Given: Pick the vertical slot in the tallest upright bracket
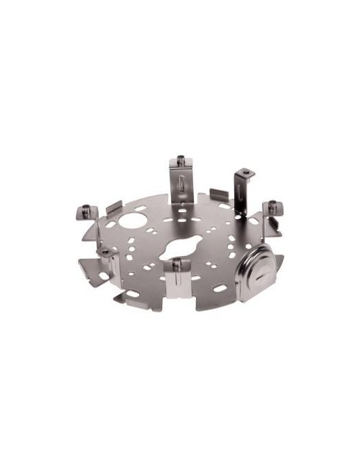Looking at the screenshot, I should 181,186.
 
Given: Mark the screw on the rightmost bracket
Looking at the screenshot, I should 272,204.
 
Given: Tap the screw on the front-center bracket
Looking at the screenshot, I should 177,262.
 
